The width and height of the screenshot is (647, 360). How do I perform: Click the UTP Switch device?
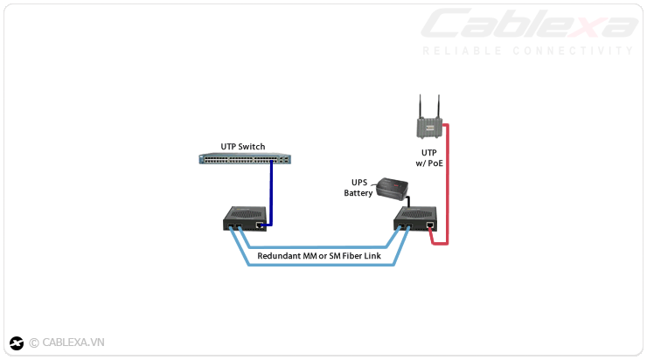coord(245,159)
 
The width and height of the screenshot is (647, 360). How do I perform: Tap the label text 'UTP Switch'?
coord(243,146)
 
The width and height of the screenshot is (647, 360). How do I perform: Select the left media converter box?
coord(246,218)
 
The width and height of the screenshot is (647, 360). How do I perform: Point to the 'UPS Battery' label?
coord(358,188)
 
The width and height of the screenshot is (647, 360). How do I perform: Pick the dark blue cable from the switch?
coord(271,192)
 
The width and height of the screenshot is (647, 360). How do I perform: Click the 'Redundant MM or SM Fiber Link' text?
coord(324,255)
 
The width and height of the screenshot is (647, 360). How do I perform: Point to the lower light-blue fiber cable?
coord(323,265)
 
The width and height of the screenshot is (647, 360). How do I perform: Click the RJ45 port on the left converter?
coord(260,225)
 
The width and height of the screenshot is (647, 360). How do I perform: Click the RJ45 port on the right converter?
coord(430,225)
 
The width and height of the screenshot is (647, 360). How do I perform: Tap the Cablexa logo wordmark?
coord(530,24)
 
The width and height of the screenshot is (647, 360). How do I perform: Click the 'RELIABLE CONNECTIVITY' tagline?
coord(528,51)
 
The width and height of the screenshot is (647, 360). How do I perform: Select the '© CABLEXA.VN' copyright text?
coord(66,343)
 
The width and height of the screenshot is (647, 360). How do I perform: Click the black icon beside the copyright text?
coord(17,343)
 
